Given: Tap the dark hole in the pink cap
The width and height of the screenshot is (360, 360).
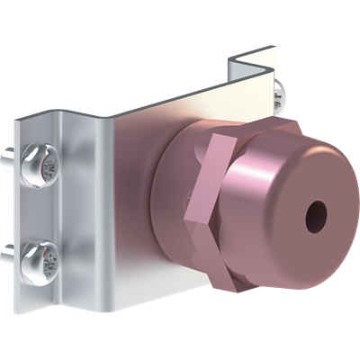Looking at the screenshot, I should (316, 215).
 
